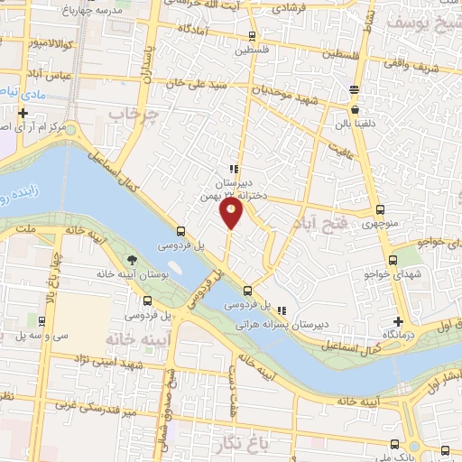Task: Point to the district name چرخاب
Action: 134,115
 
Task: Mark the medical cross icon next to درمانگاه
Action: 398,321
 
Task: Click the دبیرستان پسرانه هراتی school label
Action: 281,322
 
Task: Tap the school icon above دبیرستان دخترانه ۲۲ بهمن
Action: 233,168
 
